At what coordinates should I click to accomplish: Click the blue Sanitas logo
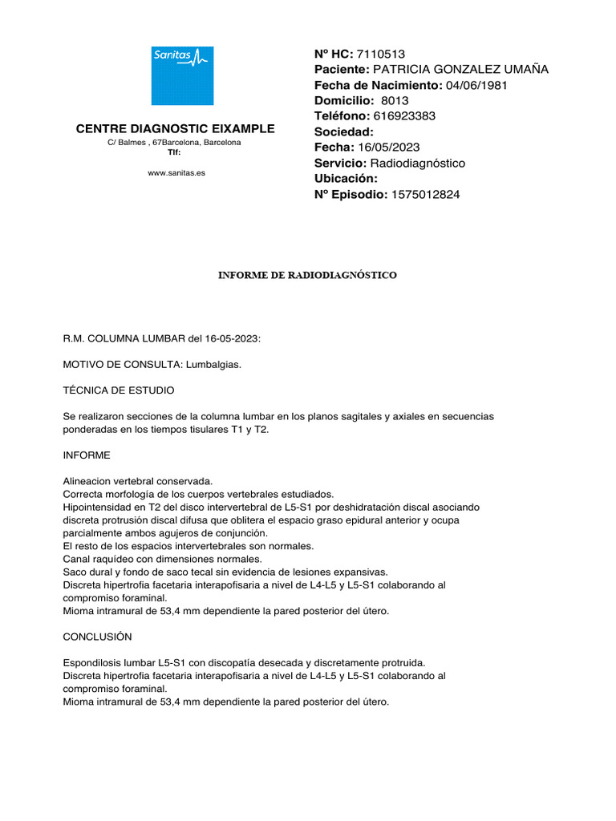point(183,75)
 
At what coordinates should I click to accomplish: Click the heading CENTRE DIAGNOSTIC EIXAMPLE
point(175,128)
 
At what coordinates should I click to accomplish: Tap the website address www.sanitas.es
point(176,172)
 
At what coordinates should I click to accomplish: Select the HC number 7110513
point(381,54)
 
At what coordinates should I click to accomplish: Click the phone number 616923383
point(404,116)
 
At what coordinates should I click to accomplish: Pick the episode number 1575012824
point(426,194)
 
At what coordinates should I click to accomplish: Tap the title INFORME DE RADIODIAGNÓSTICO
point(308,275)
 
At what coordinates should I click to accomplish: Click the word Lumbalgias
point(213,365)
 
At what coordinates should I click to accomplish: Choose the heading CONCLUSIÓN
point(97,637)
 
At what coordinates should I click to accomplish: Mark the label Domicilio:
point(344,101)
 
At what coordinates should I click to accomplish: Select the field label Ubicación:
point(346,178)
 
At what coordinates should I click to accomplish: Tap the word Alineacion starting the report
point(88,481)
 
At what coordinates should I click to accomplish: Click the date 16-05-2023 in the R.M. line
point(232,339)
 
